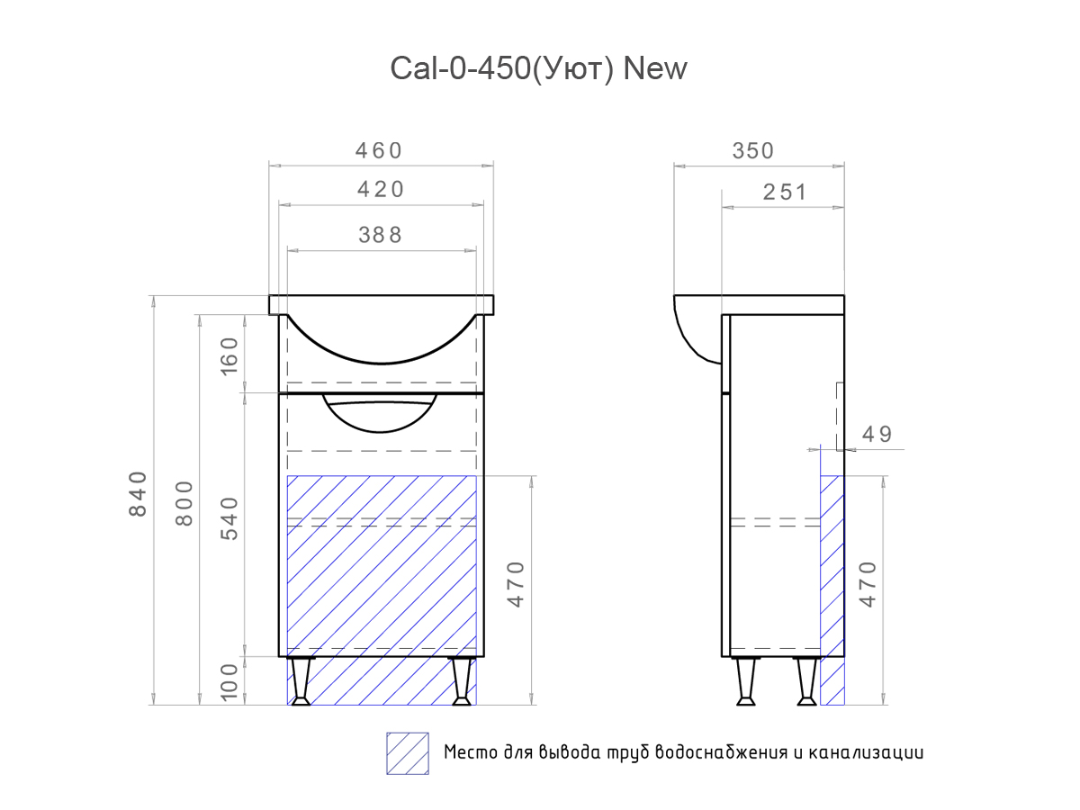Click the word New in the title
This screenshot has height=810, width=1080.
[655, 68]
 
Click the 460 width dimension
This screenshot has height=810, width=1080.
[378, 150]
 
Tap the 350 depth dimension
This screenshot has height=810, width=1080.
[752, 150]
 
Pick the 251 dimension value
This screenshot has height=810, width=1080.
[785, 192]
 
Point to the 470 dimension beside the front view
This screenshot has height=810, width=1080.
[516, 583]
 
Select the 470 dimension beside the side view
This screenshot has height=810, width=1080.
[867, 583]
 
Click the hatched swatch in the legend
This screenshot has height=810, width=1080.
[407, 753]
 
